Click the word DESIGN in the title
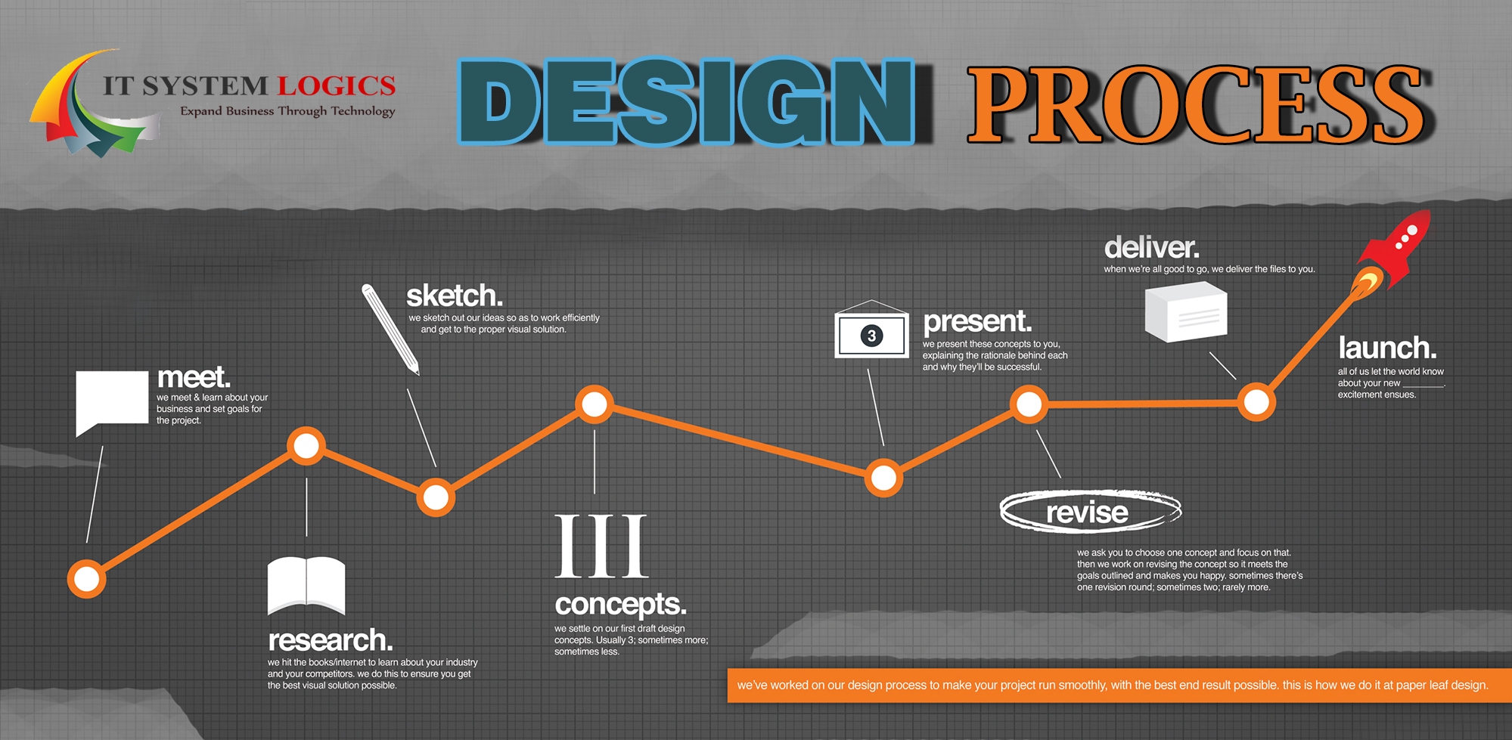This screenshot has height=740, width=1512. tap(687, 102)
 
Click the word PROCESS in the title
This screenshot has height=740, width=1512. tap(1198, 104)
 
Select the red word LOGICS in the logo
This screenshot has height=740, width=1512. tap(337, 86)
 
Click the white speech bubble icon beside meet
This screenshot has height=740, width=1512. tap(111, 401)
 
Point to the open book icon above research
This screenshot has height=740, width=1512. tap(306, 586)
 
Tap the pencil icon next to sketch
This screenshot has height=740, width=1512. tap(390, 329)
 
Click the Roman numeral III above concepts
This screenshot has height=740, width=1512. tap(601, 546)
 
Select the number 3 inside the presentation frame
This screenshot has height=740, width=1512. tap(871, 336)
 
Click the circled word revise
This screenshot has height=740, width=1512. tap(1090, 512)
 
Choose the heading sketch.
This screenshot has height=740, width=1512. tap(455, 296)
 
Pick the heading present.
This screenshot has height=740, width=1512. tap(977, 321)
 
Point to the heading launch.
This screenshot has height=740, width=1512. tap(1387, 348)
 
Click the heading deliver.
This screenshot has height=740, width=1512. tap(1152, 247)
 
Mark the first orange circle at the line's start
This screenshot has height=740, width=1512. tap(86, 579)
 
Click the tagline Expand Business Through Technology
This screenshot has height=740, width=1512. tap(287, 111)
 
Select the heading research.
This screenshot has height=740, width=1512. tap(331, 640)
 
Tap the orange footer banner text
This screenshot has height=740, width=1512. tap(1113, 685)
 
